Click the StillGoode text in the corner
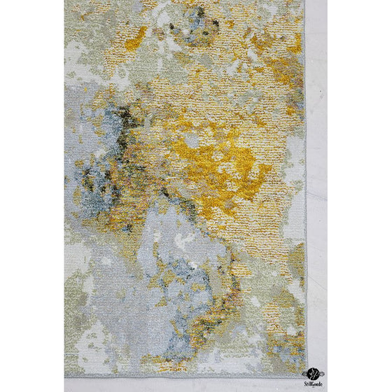(x=313, y=384)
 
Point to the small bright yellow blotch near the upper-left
(x=136, y=38)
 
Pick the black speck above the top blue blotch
(x=200, y=12)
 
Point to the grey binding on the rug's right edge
(x=306, y=210)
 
